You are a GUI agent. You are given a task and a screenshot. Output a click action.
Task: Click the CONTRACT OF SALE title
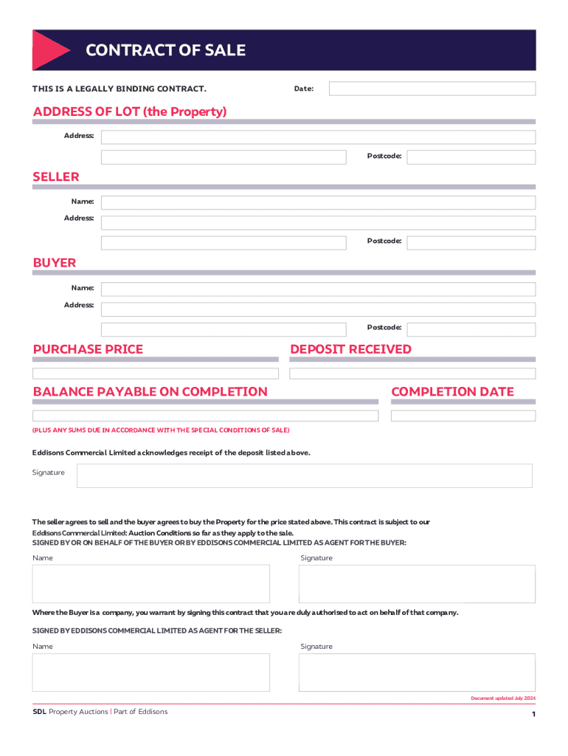(165, 50)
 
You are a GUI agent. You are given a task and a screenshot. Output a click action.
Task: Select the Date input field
(432, 89)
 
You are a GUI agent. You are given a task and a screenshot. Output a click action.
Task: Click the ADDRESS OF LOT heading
(130, 111)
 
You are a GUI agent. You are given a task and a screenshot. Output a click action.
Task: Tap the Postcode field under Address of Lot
(471, 157)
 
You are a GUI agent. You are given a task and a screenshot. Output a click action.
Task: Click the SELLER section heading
(56, 176)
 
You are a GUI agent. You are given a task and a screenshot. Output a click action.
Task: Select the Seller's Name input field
(318, 202)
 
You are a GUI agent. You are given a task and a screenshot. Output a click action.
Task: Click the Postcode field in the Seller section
(471, 242)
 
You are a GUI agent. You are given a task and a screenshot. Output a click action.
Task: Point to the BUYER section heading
(55, 263)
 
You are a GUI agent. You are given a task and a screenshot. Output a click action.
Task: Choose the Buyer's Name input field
(318, 289)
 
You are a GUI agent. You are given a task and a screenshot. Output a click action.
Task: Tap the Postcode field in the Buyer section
(471, 329)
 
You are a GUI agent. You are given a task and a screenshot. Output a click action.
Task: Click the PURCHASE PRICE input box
(156, 374)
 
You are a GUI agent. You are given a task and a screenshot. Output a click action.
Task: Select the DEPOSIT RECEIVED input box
(412, 374)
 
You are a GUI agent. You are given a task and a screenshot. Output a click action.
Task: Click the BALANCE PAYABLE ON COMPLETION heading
(150, 391)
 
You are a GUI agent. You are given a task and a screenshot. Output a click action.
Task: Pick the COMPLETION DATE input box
(463, 416)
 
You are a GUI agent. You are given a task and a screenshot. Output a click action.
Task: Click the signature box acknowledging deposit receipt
(304, 475)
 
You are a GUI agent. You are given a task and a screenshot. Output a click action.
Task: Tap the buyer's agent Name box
(150, 584)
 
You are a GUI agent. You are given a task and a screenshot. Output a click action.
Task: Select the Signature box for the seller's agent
(417, 672)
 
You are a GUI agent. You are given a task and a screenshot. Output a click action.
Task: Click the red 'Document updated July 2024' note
(503, 698)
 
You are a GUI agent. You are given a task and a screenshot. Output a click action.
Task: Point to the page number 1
(533, 715)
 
